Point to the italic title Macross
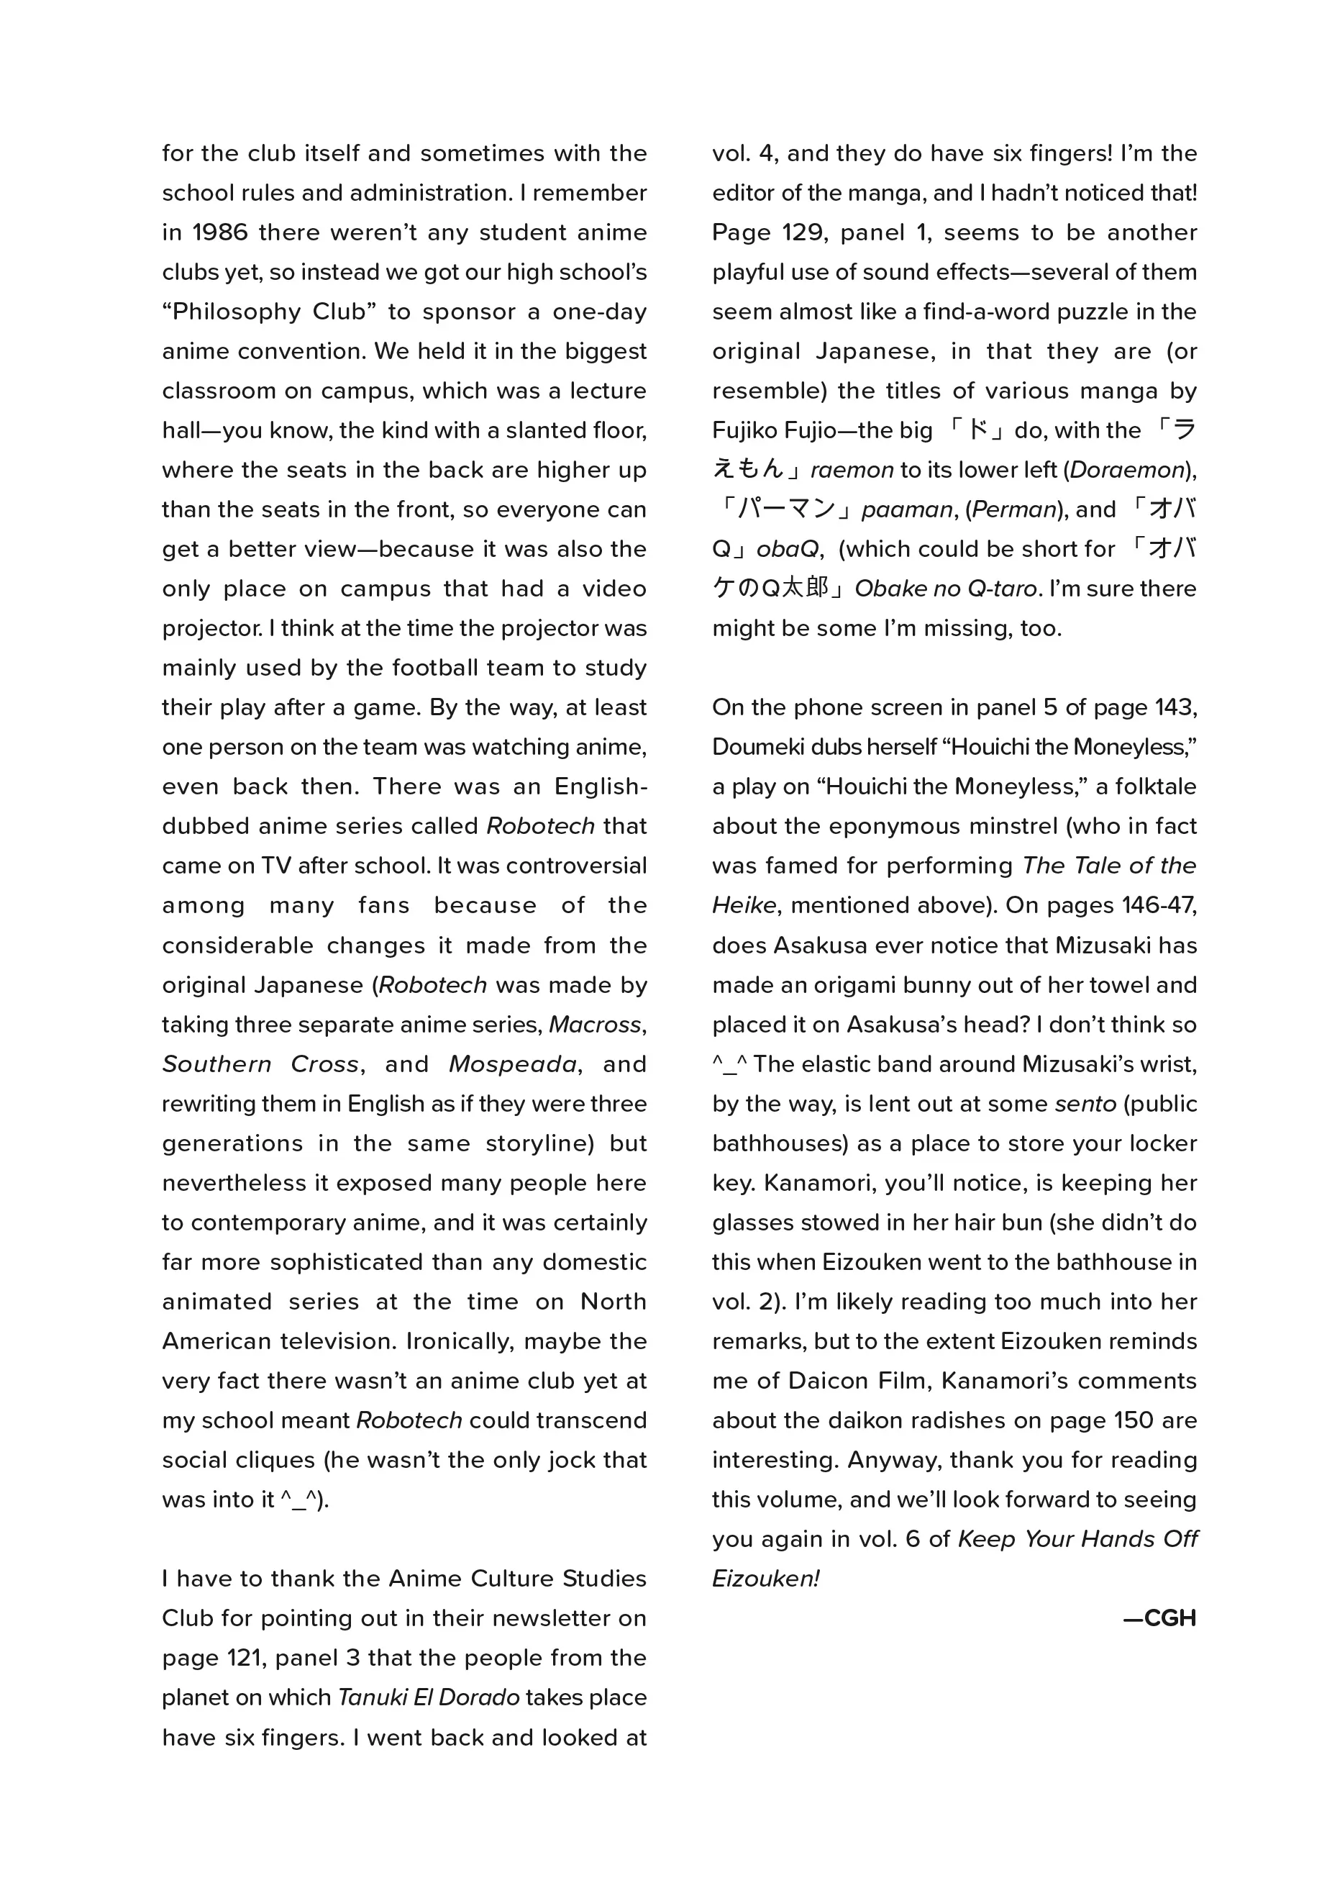tap(596, 1025)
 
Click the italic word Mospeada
tap(513, 1064)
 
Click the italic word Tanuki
tap(372, 1698)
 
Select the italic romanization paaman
tap(907, 510)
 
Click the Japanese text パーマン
tap(785, 509)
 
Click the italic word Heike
tap(744, 905)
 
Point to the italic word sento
tap(1085, 1104)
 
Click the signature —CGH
tap(1159, 1619)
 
